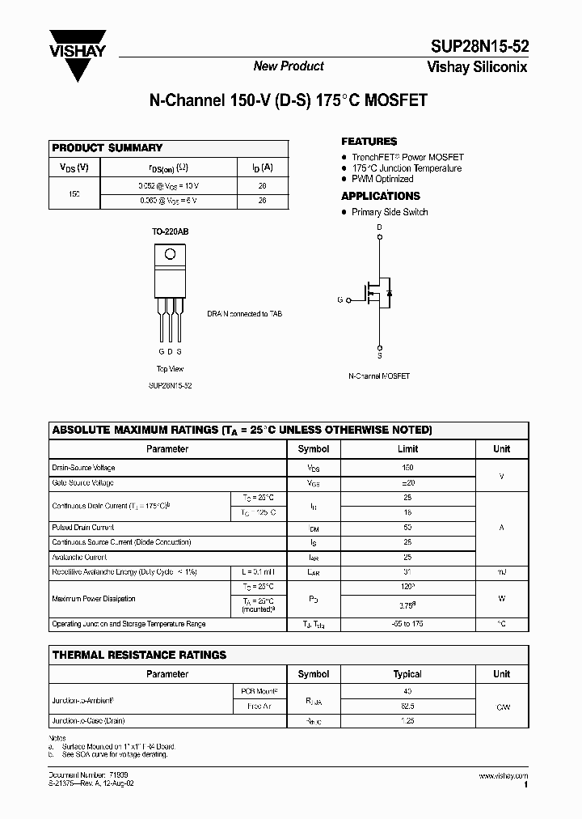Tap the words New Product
tap(289, 66)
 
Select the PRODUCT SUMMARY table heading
tap(107, 148)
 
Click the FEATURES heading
tap(369, 142)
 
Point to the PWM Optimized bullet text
tap(382, 179)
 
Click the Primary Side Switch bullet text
tap(390, 212)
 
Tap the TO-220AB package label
tap(170, 231)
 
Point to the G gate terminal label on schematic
tap(339, 300)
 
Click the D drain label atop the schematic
tap(380, 227)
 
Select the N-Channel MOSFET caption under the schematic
tap(379, 376)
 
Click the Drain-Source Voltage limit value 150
tap(407, 468)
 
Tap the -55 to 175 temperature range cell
tap(407, 624)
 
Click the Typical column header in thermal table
tap(407, 674)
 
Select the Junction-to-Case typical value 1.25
tap(407, 720)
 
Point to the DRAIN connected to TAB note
tap(244, 314)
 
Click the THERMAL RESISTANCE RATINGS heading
tap(139, 655)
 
